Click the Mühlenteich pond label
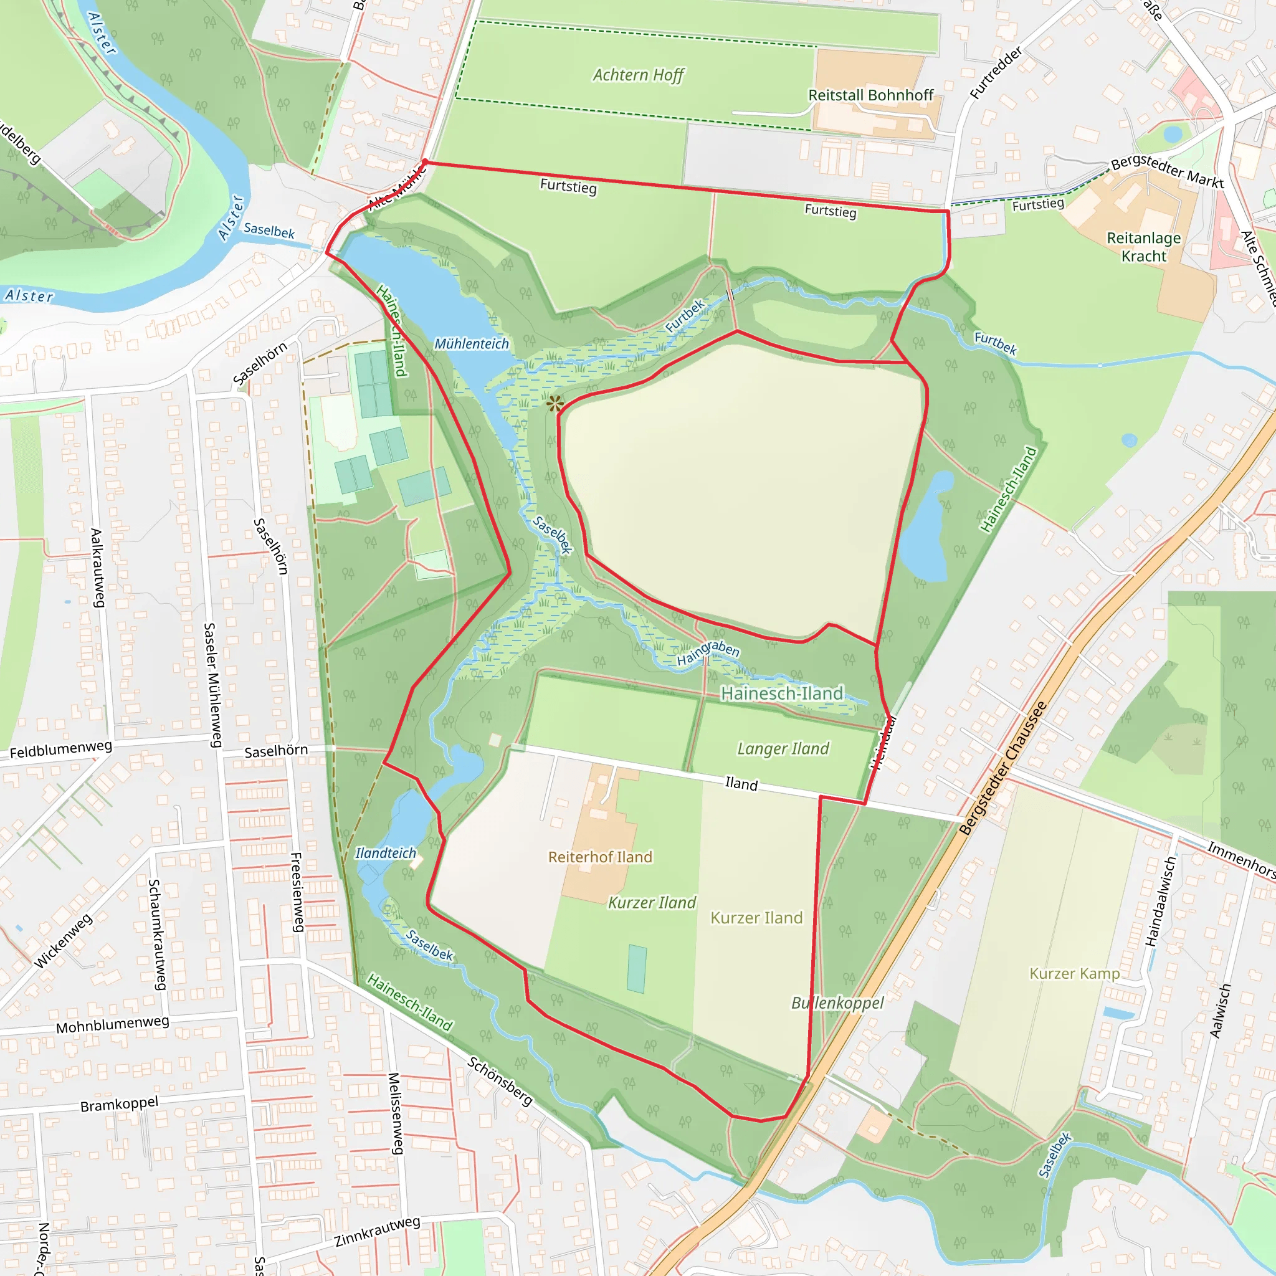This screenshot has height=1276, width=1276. tap(472, 344)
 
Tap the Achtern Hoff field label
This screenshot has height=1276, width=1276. tap(638, 75)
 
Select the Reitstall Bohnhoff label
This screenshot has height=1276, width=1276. tap(870, 95)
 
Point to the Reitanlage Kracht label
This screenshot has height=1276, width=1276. tap(1144, 247)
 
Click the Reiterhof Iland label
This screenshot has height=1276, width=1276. tap(600, 857)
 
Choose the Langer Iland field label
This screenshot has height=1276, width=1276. tap(783, 749)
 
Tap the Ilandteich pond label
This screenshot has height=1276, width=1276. tap(386, 854)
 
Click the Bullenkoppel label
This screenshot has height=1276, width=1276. tap(837, 1003)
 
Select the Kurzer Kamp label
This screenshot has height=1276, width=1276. tap(1075, 974)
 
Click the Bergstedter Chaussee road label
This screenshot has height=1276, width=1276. tap(1002, 769)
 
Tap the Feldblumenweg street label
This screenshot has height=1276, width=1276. tap(61, 750)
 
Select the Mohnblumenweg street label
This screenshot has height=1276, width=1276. tap(112, 1025)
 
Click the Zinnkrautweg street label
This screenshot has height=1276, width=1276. tap(376, 1231)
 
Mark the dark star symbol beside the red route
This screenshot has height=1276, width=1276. tap(555, 403)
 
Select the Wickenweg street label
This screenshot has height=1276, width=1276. tap(63, 941)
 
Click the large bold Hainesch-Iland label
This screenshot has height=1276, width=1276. tap(781, 693)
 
